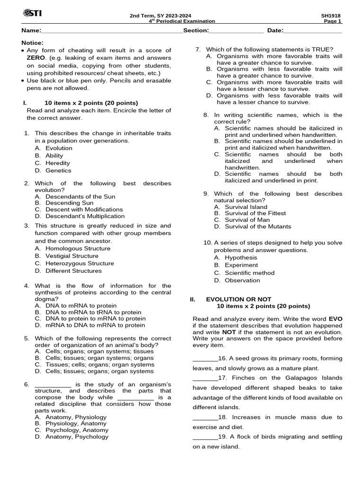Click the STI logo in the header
(x=32, y=14)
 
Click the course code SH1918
(x=331, y=15)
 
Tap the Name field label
(x=31, y=31)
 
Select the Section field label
(x=196, y=31)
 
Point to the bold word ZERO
(x=36, y=58)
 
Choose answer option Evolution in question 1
(x=59, y=148)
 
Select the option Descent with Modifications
(x=84, y=209)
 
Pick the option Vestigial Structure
(x=72, y=256)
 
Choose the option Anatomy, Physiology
(x=76, y=417)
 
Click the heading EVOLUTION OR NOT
(x=238, y=299)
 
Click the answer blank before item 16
(x=205, y=359)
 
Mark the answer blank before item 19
(x=205, y=437)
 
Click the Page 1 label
(x=333, y=21)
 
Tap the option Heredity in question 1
(x=58, y=163)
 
